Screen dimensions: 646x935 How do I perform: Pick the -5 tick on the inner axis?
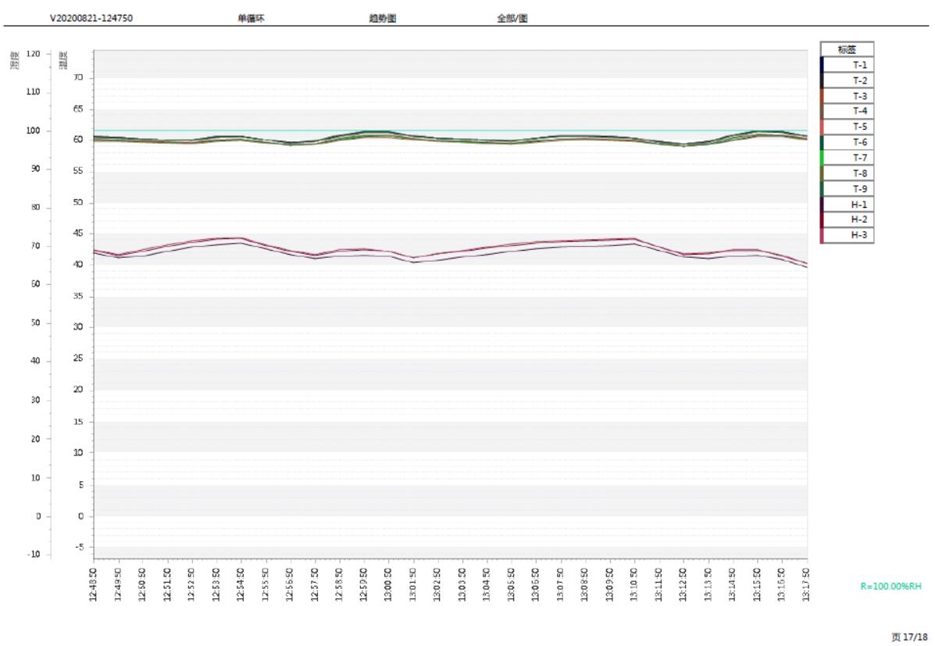coord(78,547)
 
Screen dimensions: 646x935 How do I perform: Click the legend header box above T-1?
coord(847,48)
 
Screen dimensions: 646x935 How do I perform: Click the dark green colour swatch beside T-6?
coord(823,142)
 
